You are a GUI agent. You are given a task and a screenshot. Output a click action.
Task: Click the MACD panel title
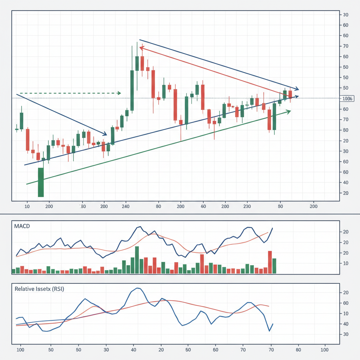pyautogui.click(x=22, y=226)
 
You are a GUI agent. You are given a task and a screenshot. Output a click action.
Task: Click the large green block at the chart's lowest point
pyautogui.click(x=41, y=182)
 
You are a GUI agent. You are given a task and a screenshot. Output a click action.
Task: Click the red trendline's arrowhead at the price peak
pyautogui.click(x=141, y=48)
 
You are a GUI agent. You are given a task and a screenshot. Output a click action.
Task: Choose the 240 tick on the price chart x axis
pyautogui.click(x=126, y=206)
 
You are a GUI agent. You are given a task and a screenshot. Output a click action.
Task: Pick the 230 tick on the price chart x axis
pyautogui.click(x=246, y=206)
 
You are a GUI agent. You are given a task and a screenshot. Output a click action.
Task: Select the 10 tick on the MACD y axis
pyautogui.click(x=346, y=263)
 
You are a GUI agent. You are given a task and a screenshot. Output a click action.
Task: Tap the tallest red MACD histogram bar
pyautogui.click(x=270, y=262)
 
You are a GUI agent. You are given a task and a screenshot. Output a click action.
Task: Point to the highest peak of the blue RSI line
pyautogui.click(x=137, y=288)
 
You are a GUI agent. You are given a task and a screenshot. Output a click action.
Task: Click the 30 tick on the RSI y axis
pyautogui.click(x=346, y=334)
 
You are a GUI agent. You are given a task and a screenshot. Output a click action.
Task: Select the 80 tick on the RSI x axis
pyautogui.click(x=298, y=350)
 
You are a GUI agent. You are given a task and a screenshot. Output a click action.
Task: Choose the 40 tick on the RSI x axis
pyautogui.click(x=134, y=350)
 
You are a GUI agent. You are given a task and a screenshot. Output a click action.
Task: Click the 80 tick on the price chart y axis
pyautogui.click(x=346, y=130)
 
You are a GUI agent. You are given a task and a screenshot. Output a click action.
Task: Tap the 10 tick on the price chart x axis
pyautogui.click(x=27, y=206)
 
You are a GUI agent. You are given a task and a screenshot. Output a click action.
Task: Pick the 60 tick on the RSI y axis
pyautogui.click(x=346, y=303)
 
